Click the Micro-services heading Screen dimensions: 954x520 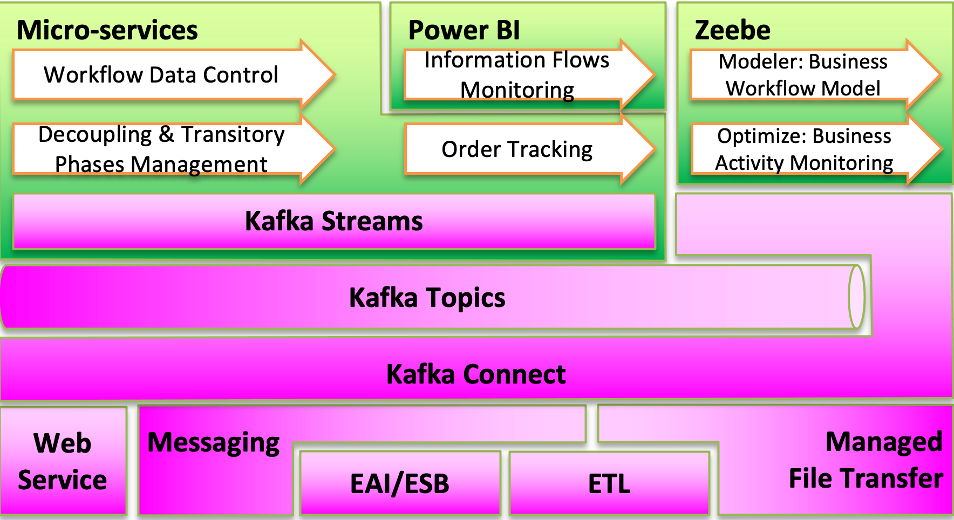pos(107,30)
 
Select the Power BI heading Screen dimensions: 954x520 pos(464,30)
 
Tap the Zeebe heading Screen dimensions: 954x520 pos(732,30)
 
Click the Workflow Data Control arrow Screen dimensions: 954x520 pos(173,74)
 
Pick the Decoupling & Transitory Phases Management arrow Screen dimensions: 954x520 pos(173,149)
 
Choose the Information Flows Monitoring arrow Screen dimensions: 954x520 pos(529,74)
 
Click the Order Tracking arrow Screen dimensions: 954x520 pos(529,149)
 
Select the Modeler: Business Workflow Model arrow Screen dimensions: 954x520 pos(815,74)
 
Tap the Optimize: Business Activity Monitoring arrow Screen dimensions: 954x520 pos(815,149)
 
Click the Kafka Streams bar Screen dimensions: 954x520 pos(334,221)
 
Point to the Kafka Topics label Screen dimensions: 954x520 pos(427,298)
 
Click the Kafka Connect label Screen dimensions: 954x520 pos(476,374)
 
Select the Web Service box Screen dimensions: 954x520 pos(63,461)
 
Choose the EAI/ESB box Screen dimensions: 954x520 pos(400,483)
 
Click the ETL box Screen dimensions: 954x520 pos(609,483)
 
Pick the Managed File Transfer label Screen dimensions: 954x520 pos(866,460)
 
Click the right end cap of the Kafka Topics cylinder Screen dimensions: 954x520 pos(856,297)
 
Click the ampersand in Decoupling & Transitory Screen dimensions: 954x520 pos(167,134)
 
